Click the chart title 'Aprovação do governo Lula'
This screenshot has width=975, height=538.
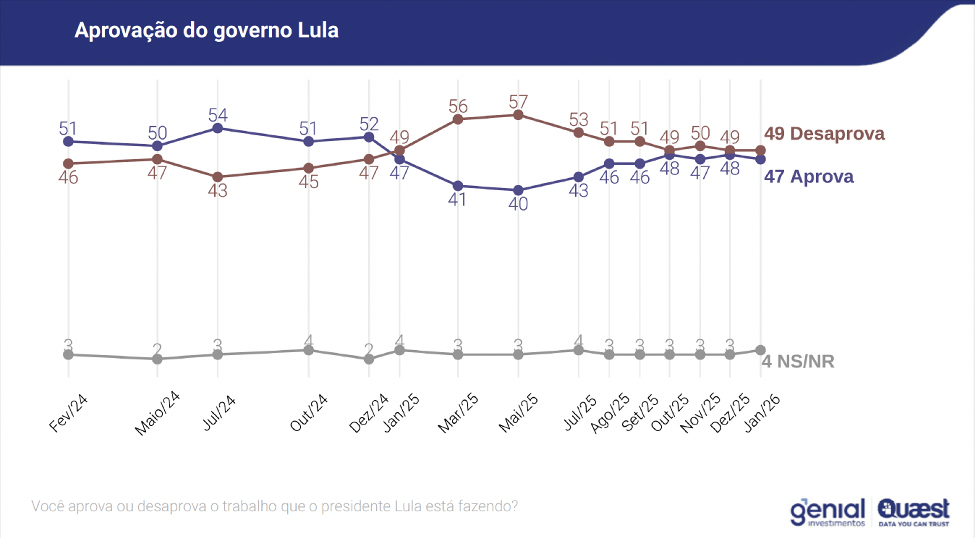206,31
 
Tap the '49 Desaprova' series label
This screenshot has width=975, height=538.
824,134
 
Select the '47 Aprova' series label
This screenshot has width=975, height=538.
809,176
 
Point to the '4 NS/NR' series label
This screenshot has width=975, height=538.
798,361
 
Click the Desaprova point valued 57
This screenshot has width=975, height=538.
518,115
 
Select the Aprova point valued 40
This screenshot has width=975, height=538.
518,190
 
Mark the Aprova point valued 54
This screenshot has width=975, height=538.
217,128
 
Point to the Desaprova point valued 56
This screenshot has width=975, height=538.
458,119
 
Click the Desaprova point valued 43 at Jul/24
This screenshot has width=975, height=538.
217,176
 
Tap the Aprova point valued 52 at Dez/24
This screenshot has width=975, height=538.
369,137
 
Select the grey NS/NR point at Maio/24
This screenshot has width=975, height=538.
157,359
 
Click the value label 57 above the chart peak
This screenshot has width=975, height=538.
518,101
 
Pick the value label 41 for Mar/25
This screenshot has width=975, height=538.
457,200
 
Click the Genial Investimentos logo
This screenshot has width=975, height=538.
827,511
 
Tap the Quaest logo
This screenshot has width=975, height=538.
914,511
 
